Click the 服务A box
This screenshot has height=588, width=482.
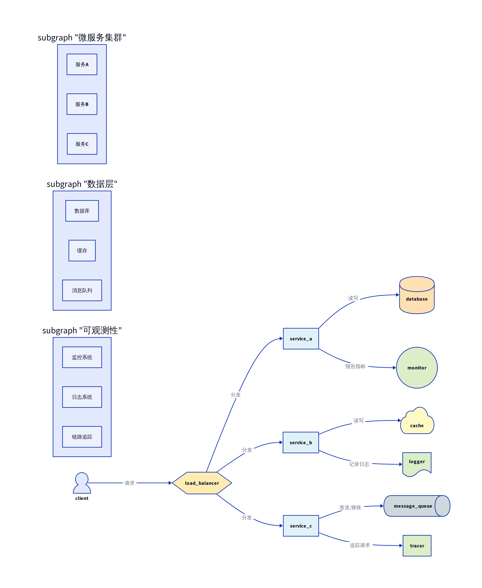tap(82, 64)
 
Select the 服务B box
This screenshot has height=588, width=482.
tap(82, 104)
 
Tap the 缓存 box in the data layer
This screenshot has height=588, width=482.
tap(82, 251)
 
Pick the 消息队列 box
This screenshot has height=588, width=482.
tap(82, 290)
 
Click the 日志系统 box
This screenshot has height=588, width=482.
tap(82, 397)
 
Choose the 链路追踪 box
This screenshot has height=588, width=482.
tap(82, 437)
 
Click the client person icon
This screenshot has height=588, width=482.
tap(82, 483)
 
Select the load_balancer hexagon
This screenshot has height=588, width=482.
tap(202, 483)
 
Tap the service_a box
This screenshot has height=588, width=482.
tap(301, 339)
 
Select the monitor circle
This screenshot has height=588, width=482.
tap(417, 368)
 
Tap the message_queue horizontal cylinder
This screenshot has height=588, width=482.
tap(417, 506)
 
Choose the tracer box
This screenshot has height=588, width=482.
tap(417, 546)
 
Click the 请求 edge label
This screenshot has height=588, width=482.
tap(129, 483)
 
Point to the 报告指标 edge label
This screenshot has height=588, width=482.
tap(355, 366)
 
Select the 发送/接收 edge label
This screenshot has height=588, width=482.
tap(350, 507)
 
